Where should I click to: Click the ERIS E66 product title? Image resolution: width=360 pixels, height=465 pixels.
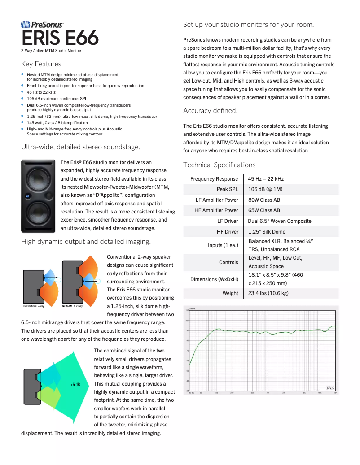click(x=59, y=39)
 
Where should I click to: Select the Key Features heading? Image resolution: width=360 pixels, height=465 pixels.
click(x=41, y=64)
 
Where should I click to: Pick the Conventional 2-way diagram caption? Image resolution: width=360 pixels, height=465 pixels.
click(x=34, y=306)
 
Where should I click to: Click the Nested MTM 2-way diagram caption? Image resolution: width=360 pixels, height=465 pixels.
click(x=72, y=306)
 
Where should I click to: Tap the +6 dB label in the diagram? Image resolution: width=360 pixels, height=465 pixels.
click(x=75, y=385)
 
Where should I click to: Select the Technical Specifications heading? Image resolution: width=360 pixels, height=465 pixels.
click(x=220, y=165)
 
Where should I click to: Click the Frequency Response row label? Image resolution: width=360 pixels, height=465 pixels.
click(x=214, y=179)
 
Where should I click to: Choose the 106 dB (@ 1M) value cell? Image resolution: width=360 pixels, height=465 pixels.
click(x=265, y=189)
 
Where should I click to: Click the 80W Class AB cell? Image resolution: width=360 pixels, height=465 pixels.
click(x=264, y=200)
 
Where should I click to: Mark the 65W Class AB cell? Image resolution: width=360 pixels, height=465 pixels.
click(x=264, y=210)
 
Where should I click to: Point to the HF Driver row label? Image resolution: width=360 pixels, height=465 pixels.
click(x=228, y=232)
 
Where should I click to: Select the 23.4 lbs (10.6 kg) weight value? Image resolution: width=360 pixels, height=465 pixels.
click(x=268, y=293)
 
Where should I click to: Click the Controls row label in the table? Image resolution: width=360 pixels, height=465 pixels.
click(x=228, y=262)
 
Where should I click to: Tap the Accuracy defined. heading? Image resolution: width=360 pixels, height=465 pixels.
click(x=210, y=110)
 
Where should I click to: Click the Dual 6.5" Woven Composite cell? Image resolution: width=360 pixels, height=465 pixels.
click(x=279, y=221)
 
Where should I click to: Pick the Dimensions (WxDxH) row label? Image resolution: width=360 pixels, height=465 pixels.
click(x=214, y=279)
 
